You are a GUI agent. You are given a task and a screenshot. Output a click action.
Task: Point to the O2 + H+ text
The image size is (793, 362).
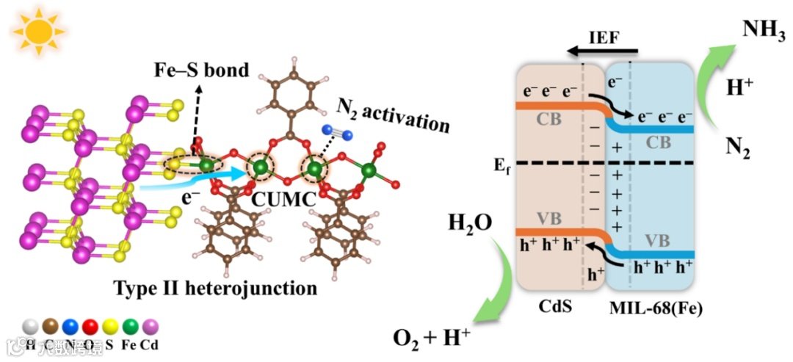(x=432, y=338)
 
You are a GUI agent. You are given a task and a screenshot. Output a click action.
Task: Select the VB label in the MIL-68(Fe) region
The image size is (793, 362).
(x=657, y=241)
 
